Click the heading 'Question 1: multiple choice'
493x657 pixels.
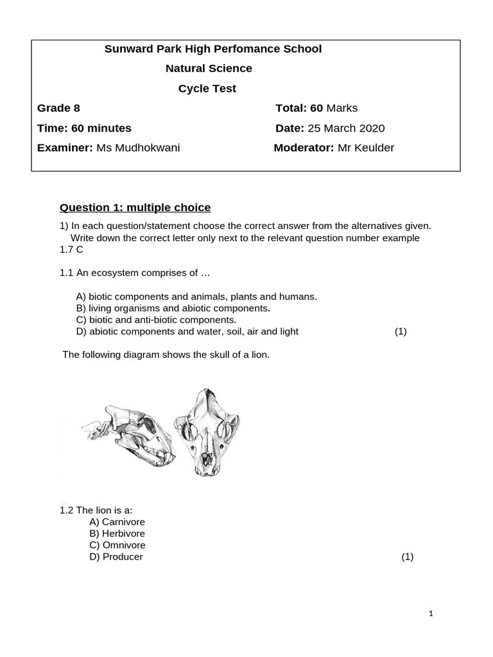[135, 207]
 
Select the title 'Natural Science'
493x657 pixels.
[209, 68]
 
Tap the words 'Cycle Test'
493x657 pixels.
[207, 89]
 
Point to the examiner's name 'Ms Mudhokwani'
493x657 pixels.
[138, 148]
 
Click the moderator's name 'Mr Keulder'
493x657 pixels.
[366, 148]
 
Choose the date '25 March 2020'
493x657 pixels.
[347, 128]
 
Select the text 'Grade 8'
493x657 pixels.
[58, 108]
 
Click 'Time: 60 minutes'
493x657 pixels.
[84, 128]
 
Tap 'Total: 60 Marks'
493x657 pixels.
[316, 108]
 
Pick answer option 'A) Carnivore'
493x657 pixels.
[117, 522]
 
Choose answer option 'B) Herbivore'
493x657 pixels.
[117, 533]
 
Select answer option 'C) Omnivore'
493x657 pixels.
[117, 545]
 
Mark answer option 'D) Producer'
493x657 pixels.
[116, 556]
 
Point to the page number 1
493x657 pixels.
[431, 614]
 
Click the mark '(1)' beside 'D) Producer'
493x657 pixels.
[408, 557]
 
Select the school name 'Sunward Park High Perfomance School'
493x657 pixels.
[213, 49]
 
